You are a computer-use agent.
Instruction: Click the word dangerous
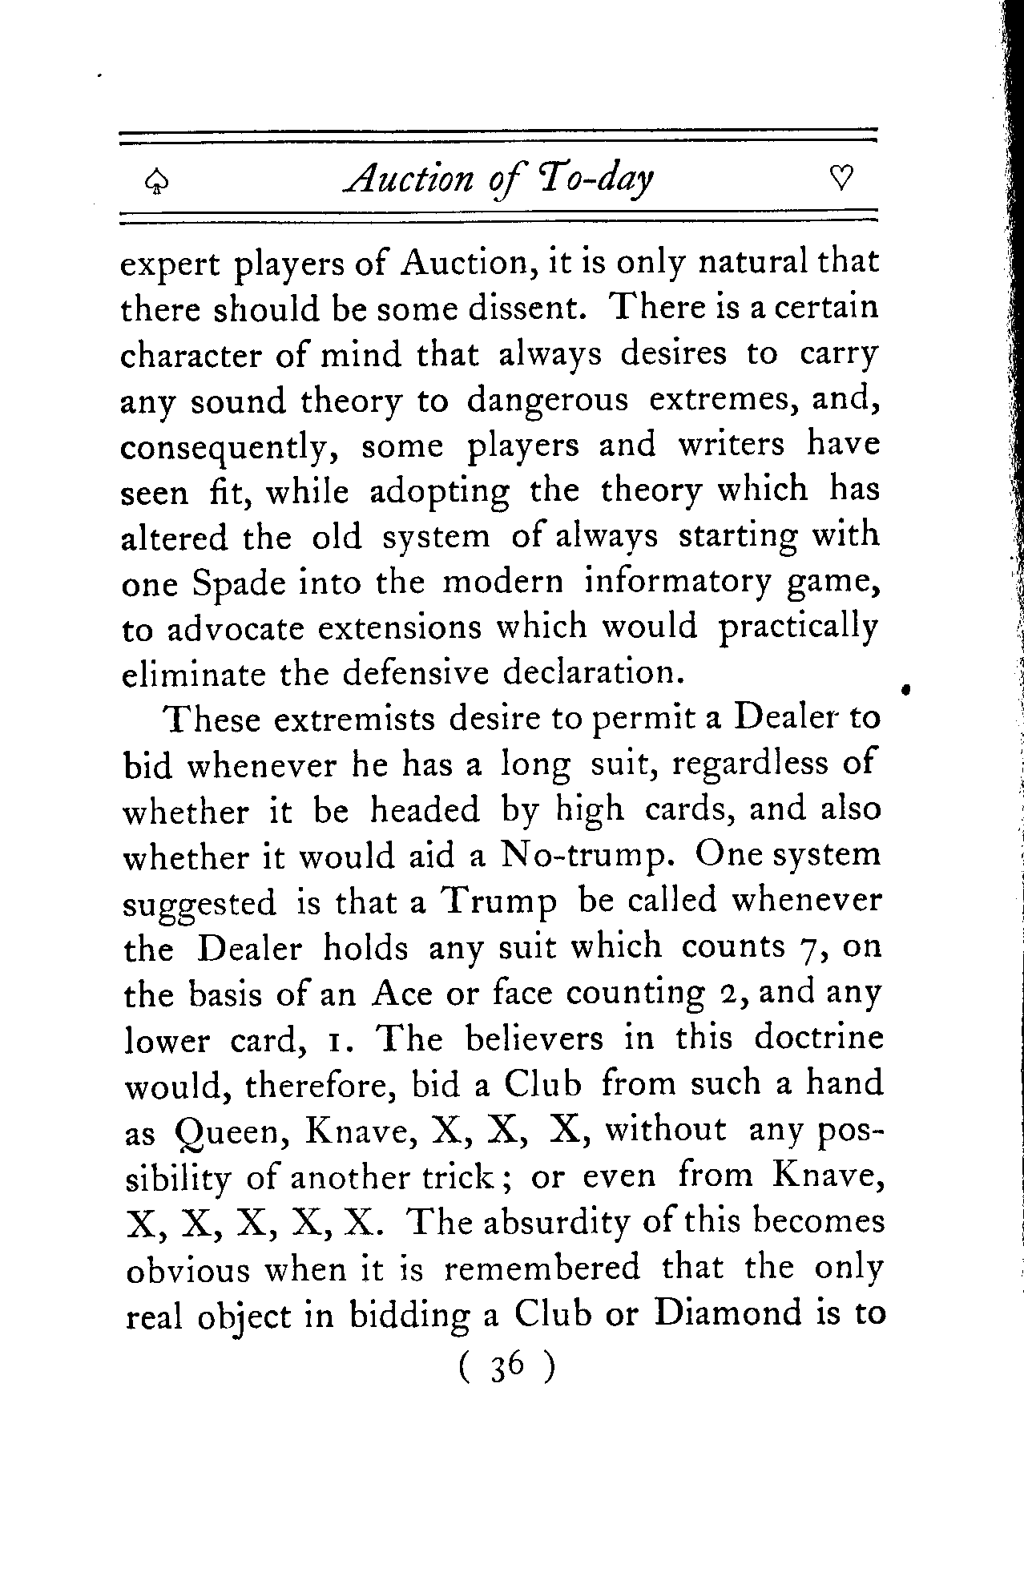(x=548, y=400)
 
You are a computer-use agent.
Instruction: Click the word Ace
(x=402, y=994)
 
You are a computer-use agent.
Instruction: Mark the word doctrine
(x=818, y=1039)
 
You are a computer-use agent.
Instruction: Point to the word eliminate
(x=192, y=674)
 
